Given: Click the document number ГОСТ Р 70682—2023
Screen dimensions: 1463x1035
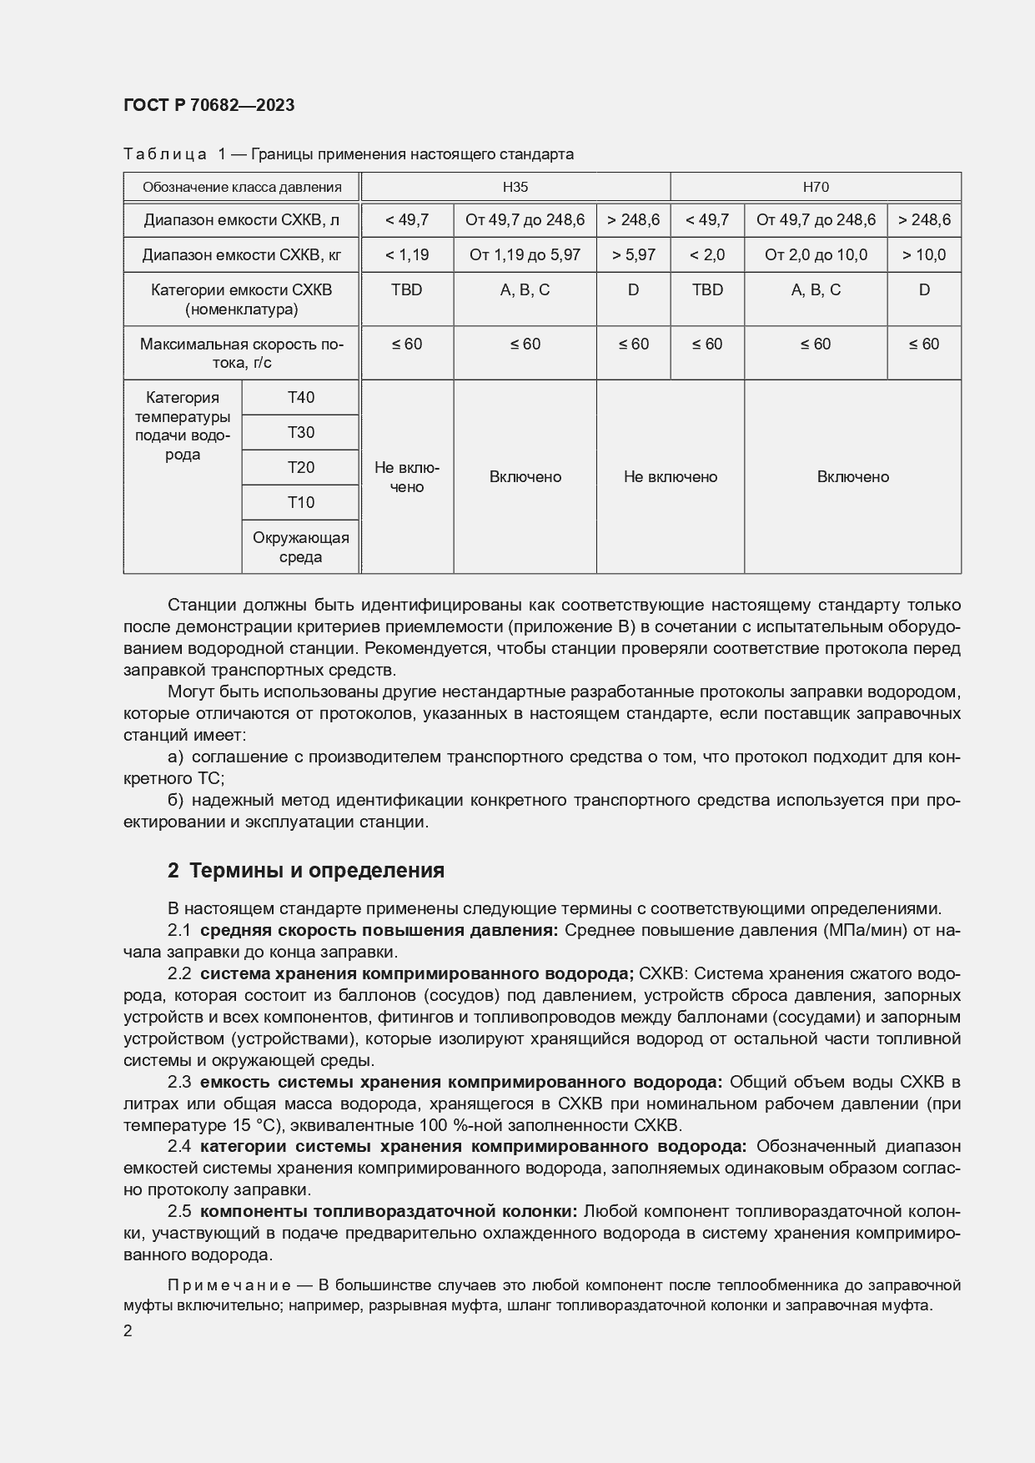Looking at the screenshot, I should (x=209, y=105).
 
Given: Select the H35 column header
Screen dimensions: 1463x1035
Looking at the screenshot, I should (x=515, y=187).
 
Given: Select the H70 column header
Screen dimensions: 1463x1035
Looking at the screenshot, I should (x=815, y=187).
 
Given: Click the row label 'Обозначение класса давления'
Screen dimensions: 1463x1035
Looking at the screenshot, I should (x=242, y=187).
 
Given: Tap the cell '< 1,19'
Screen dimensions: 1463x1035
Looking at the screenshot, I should (x=407, y=254).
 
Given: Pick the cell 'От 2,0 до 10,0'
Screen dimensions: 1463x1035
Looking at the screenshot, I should (x=815, y=254).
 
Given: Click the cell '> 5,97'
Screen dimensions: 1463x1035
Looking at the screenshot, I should (x=633, y=254).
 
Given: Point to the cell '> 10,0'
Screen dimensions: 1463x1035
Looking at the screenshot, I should (x=923, y=254).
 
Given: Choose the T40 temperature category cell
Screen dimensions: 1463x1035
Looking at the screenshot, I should (x=300, y=397).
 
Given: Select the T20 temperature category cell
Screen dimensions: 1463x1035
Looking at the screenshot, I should (x=300, y=467).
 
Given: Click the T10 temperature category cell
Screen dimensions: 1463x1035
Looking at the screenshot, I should (x=300, y=502).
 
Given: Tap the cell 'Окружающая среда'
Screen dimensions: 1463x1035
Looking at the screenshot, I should (x=300, y=547).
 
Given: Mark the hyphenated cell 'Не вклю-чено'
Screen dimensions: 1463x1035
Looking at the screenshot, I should (x=407, y=477).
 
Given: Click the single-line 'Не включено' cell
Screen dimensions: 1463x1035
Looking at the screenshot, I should (x=671, y=477).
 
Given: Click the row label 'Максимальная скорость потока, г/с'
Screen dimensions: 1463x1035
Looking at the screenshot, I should (x=242, y=353).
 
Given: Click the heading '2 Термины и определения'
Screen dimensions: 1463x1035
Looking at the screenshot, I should (x=306, y=870).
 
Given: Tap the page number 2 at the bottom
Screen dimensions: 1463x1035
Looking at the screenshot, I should (x=128, y=1331).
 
